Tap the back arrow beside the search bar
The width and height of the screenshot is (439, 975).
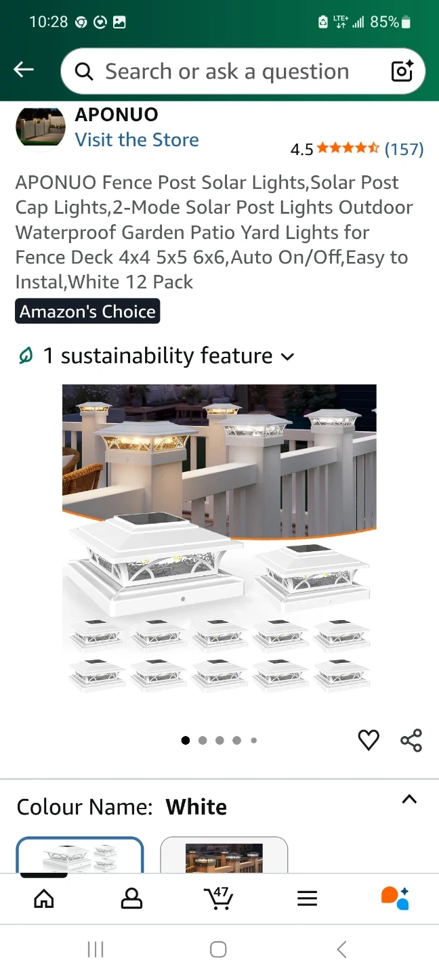click(x=24, y=69)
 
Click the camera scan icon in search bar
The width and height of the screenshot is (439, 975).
click(x=402, y=71)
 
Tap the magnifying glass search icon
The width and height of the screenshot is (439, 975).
click(x=84, y=71)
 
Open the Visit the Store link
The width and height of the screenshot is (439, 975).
click(x=137, y=139)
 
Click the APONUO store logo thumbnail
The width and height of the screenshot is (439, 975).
click(x=41, y=127)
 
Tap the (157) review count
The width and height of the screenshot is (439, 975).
click(x=404, y=149)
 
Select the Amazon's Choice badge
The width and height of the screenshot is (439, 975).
click(x=87, y=311)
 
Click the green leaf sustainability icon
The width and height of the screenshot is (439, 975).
click(x=26, y=355)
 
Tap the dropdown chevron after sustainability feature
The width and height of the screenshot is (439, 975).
click(x=287, y=357)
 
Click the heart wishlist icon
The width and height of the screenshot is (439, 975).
click(x=369, y=740)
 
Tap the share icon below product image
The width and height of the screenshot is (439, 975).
click(x=411, y=740)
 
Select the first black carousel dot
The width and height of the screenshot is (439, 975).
click(x=186, y=740)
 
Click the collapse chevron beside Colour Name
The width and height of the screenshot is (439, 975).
click(x=409, y=800)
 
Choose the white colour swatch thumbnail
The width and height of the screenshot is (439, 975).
click(x=80, y=855)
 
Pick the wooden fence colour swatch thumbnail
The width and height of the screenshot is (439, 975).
click(x=224, y=855)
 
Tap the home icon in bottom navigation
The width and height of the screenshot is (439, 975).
click(x=44, y=898)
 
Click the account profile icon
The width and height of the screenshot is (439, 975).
click(x=131, y=898)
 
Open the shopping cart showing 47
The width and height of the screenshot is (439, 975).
click(x=219, y=898)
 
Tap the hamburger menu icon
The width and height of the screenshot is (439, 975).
click(x=307, y=898)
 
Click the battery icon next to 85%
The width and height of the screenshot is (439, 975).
click(x=406, y=22)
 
